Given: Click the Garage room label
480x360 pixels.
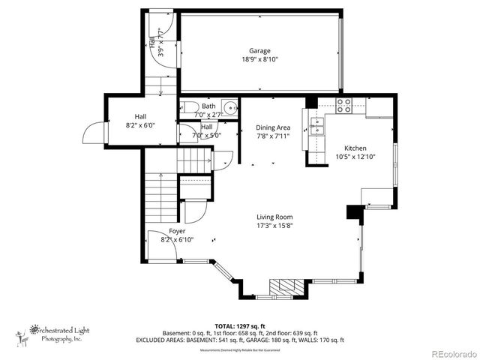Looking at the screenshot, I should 259,51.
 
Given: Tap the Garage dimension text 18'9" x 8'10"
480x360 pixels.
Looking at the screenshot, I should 259,60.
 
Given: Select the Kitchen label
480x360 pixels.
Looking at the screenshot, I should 355,148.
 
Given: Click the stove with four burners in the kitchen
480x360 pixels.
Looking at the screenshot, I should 344,106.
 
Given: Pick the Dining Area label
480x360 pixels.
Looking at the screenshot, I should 273,127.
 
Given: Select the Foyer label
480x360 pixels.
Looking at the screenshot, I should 177,231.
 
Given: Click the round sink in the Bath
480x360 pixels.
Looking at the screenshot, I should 229,106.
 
